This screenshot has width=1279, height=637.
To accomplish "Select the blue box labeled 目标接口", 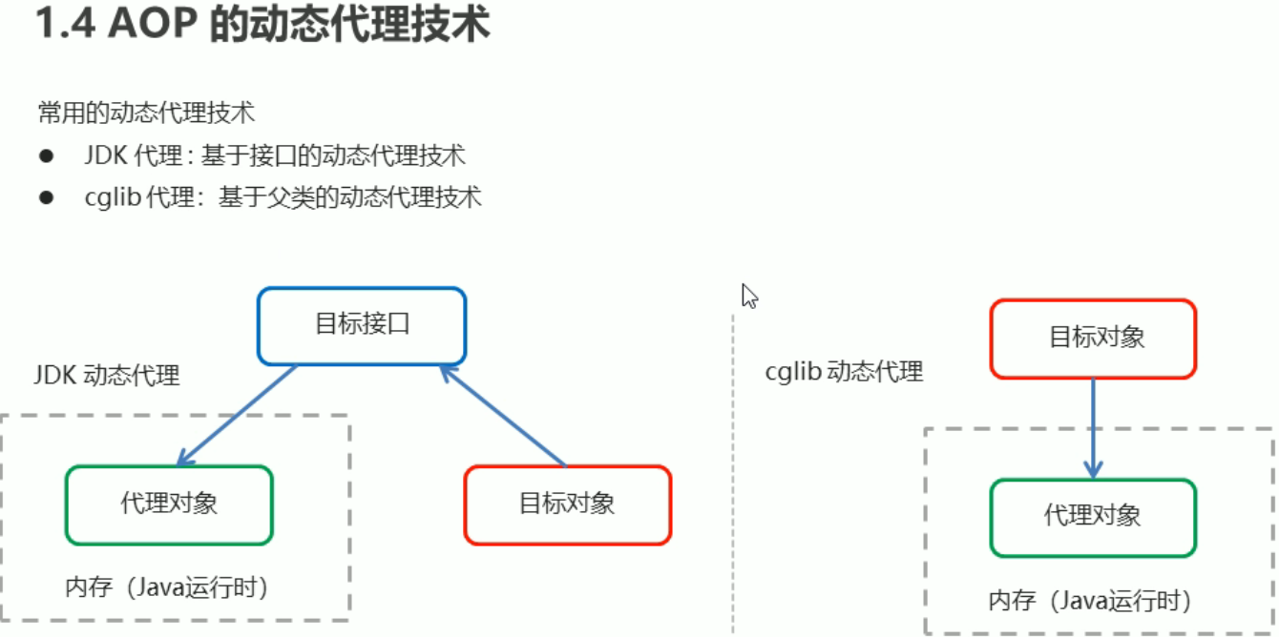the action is click(x=362, y=325).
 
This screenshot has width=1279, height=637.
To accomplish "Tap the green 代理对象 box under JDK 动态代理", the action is click(x=169, y=504).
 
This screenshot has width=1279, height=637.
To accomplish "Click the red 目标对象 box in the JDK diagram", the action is click(x=567, y=504).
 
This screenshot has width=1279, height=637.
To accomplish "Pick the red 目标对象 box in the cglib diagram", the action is click(x=1093, y=338).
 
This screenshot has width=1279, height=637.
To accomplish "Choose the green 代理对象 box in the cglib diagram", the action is click(x=1093, y=517).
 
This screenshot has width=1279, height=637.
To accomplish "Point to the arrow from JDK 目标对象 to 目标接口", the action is click(x=504, y=418).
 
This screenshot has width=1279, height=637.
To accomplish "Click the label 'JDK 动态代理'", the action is click(x=107, y=375).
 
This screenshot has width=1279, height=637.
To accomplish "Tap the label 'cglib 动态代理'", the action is click(x=845, y=371).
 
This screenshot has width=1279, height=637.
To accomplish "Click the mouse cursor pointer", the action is click(x=749, y=296).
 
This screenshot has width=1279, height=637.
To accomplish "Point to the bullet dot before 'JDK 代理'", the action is click(x=46, y=155).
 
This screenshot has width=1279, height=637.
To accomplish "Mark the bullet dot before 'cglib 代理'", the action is click(x=46, y=197).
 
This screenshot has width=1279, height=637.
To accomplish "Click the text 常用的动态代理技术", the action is click(x=147, y=113).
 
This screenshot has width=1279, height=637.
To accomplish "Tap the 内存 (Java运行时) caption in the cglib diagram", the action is click(x=1090, y=601).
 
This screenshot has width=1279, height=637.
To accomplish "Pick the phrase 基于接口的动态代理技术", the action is click(x=332, y=155).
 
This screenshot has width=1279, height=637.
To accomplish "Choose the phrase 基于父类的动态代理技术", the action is click(x=349, y=197).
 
